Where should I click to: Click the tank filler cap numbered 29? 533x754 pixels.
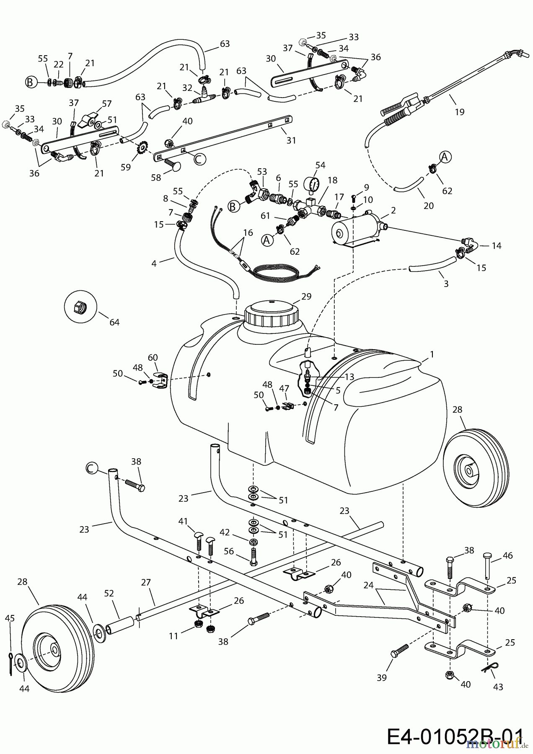tap(272, 314)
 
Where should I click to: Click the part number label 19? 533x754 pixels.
tap(459, 112)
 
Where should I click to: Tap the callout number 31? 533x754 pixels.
tap(291, 140)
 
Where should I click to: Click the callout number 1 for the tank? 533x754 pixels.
tap(432, 354)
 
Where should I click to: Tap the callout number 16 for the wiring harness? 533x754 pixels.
tap(248, 232)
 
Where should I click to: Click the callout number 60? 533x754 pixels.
tap(153, 357)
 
